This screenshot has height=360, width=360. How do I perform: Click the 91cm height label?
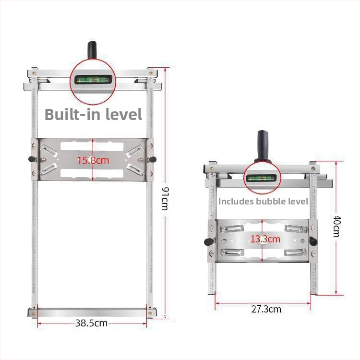point(165,199)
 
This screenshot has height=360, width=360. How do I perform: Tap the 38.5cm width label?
point(91,323)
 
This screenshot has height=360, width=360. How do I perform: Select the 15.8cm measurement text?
point(93,160)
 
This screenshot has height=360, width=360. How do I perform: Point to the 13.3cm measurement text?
point(265,239)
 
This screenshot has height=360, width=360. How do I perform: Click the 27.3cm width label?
point(266,309)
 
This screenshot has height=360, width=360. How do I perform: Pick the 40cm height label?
point(336,226)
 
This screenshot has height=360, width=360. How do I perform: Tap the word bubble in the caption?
point(271,201)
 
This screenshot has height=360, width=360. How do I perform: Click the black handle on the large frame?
point(92,50)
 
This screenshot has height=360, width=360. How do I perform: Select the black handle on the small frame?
point(263,146)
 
